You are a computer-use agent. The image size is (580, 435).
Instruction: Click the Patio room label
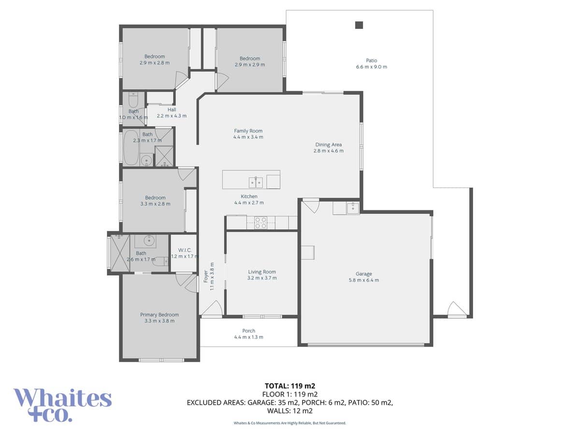click(x=371, y=64)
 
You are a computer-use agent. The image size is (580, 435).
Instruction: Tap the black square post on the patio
click(x=359, y=25)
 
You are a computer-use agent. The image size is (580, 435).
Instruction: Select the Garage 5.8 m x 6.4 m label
click(x=363, y=277)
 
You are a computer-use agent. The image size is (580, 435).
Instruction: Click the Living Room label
click(x=261, y=275)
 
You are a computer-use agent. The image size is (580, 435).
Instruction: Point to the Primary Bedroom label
click(x=159, y=318)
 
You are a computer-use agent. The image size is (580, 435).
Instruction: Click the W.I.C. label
click(x=185, y=253)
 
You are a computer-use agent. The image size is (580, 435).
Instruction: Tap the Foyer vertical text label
click(x=208, y=280)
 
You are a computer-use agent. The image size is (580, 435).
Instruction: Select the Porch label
click(x=248, y=334)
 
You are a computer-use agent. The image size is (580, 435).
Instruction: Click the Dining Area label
click(x=329, y=147)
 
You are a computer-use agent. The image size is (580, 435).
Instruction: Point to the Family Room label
click(x=248, y=134)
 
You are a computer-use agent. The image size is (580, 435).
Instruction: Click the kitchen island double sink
click(x=256, y=182)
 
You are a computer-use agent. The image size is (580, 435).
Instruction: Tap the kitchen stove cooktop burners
click(x=261, y=222)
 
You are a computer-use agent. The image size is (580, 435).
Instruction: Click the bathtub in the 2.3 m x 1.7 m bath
click(x=130, y=147)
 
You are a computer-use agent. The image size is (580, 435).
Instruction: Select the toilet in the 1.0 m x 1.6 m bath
click(x=133, y=101)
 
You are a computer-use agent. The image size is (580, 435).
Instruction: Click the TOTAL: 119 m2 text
click(x=290, y=386)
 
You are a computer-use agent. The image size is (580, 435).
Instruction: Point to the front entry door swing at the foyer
click(x=213, y=308)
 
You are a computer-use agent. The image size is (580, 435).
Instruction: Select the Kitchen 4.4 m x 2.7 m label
click(x=249, y=200)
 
